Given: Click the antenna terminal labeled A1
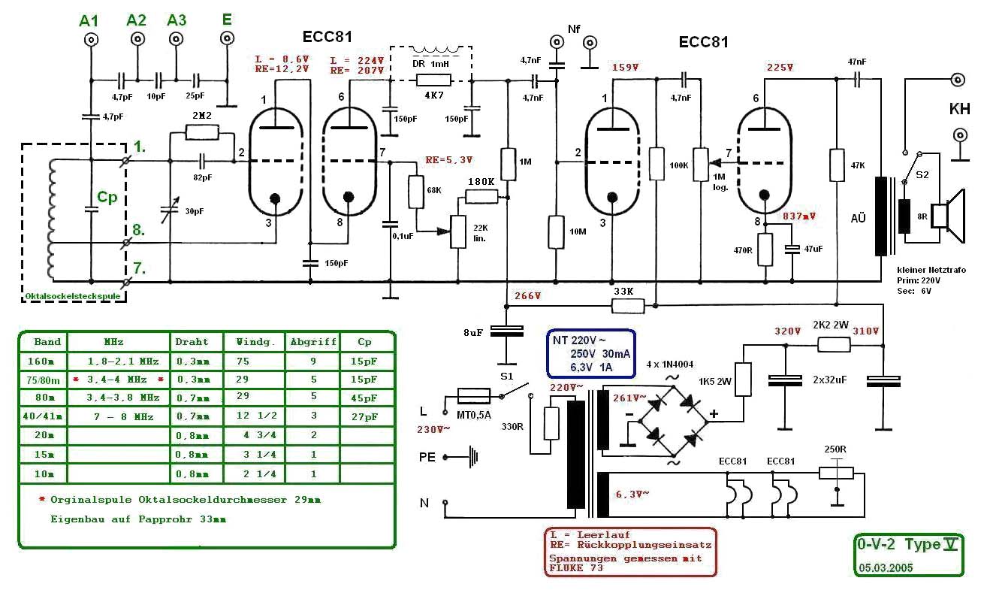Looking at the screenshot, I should pyautogui.click(x=89, y=41).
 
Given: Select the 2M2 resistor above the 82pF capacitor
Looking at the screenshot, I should pyautogui.click(x=202, y=133).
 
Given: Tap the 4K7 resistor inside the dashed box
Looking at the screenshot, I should pyautogui.click(x=433, y=80).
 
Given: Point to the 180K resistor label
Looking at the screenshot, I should pyautogui.click(x=481, y=182).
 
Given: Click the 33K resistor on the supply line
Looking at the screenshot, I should pyautogui.click(x=627, y=306).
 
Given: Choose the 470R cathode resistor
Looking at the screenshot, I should pyautogui.click(x=765, y=249).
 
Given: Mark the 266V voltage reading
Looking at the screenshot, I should pyautogui.click(x=527, y=295).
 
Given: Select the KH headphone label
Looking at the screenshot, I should pyautogui.click(x=959, y=109).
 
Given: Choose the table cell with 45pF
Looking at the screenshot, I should pyautogui.click(x=364, y=398).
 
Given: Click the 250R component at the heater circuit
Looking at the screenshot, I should pyautogui.click(x=835, y=473).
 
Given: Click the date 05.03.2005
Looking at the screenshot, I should pyautogui.click(x=886, y=567).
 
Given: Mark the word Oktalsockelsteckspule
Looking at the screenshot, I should pyautogui.click(x=74, y=297).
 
